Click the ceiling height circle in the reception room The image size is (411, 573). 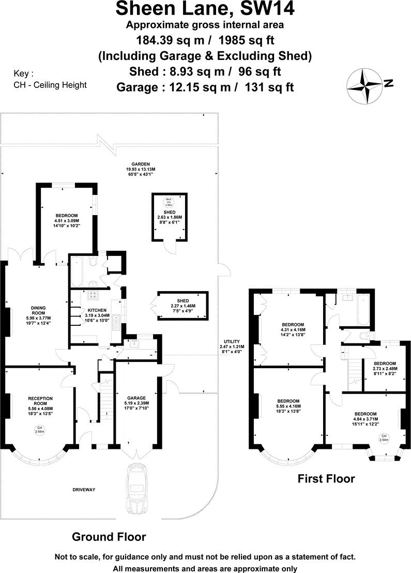40,429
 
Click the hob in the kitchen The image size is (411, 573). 95,295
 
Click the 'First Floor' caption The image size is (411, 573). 326,479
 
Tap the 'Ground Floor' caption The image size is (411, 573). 109,537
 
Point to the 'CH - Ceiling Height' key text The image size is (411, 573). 50,85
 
